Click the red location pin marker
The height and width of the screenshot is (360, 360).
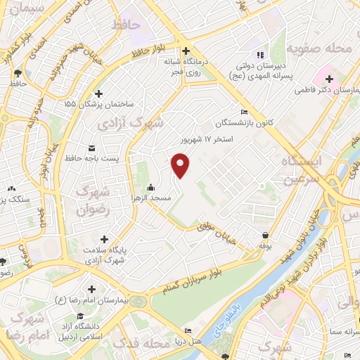181,165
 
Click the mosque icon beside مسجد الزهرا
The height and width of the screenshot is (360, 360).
151,188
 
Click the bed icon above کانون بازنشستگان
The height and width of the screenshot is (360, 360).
244,112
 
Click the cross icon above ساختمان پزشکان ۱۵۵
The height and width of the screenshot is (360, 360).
98,94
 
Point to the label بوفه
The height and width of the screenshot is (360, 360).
265,246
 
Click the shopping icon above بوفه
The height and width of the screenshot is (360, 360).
265,235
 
